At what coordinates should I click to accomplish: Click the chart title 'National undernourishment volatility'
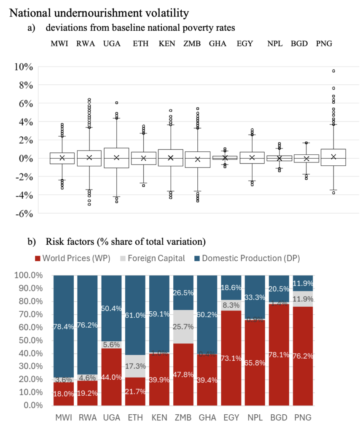(x=99, y=13)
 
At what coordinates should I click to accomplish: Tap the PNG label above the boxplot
(x=324, y=44)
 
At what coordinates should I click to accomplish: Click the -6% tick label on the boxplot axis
(x=24, y=213)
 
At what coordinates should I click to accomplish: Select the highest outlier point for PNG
(x=333, y=71)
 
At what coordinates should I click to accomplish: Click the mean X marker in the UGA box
(x=117, y=157)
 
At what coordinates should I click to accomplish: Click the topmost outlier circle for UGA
(x=117, y=103)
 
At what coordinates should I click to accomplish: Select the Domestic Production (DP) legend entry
(x=247, y=258)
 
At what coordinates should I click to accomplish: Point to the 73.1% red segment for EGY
(x=231, y=358)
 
